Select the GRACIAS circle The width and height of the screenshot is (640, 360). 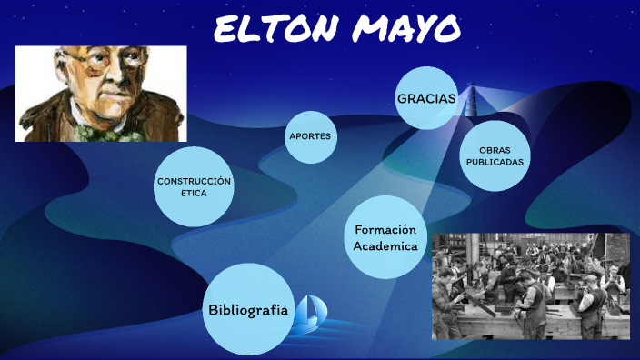pos(425,97)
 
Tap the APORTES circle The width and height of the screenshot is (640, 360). pos(312,136)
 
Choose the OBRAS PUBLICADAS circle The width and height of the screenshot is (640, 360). pos(495,155)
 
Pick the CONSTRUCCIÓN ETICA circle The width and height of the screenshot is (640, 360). pos(194,187)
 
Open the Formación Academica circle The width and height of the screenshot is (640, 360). pos(385,237)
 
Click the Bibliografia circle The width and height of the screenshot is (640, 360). pos(248,309)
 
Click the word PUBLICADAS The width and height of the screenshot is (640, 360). pos(495,162)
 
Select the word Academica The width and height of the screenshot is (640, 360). pos(385,245)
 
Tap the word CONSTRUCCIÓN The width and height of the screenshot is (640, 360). pos(194,181)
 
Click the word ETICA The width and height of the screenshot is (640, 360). pos(194,194)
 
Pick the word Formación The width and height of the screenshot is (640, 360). pos(385,229)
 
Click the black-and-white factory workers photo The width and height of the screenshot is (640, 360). pos(531,285)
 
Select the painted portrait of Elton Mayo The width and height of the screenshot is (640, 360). pos(101,94)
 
